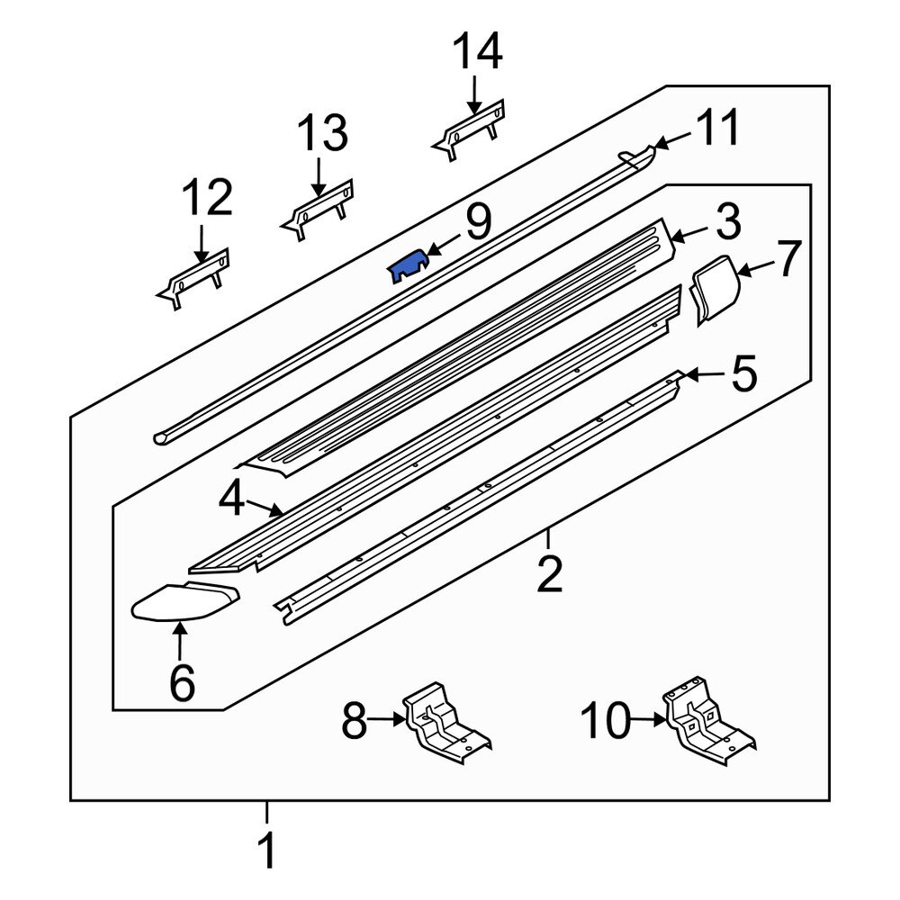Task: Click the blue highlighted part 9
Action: pyautogui.click(x=408, y=266)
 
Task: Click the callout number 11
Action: pyautogui.click(x=718, y=128)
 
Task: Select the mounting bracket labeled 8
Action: pyautogui.click(x=445, y=725)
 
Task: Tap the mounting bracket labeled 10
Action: pyautogui.click(x=706, y=723)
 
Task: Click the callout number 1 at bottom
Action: pyautogui.click(x=266, y=850)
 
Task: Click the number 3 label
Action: pyautogui.click(x=726, y=221)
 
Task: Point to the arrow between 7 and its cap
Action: pyautogui.click(x=757, y=265)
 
